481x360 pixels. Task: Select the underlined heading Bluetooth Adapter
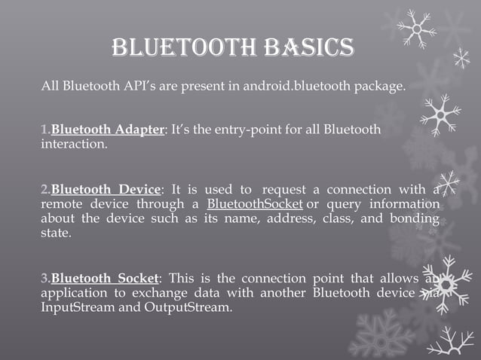coord(107,129)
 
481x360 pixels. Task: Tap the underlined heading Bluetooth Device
coord(106,189)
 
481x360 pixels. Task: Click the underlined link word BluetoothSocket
coord(255,204)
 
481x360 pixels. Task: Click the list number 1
coord(44,129)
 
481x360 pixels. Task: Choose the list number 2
coord(44,189)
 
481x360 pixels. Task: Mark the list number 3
coord(44,278)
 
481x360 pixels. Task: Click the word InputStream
coord(75,307)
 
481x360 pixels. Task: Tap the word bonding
coord(414,218)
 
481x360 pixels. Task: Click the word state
coord(54,233)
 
